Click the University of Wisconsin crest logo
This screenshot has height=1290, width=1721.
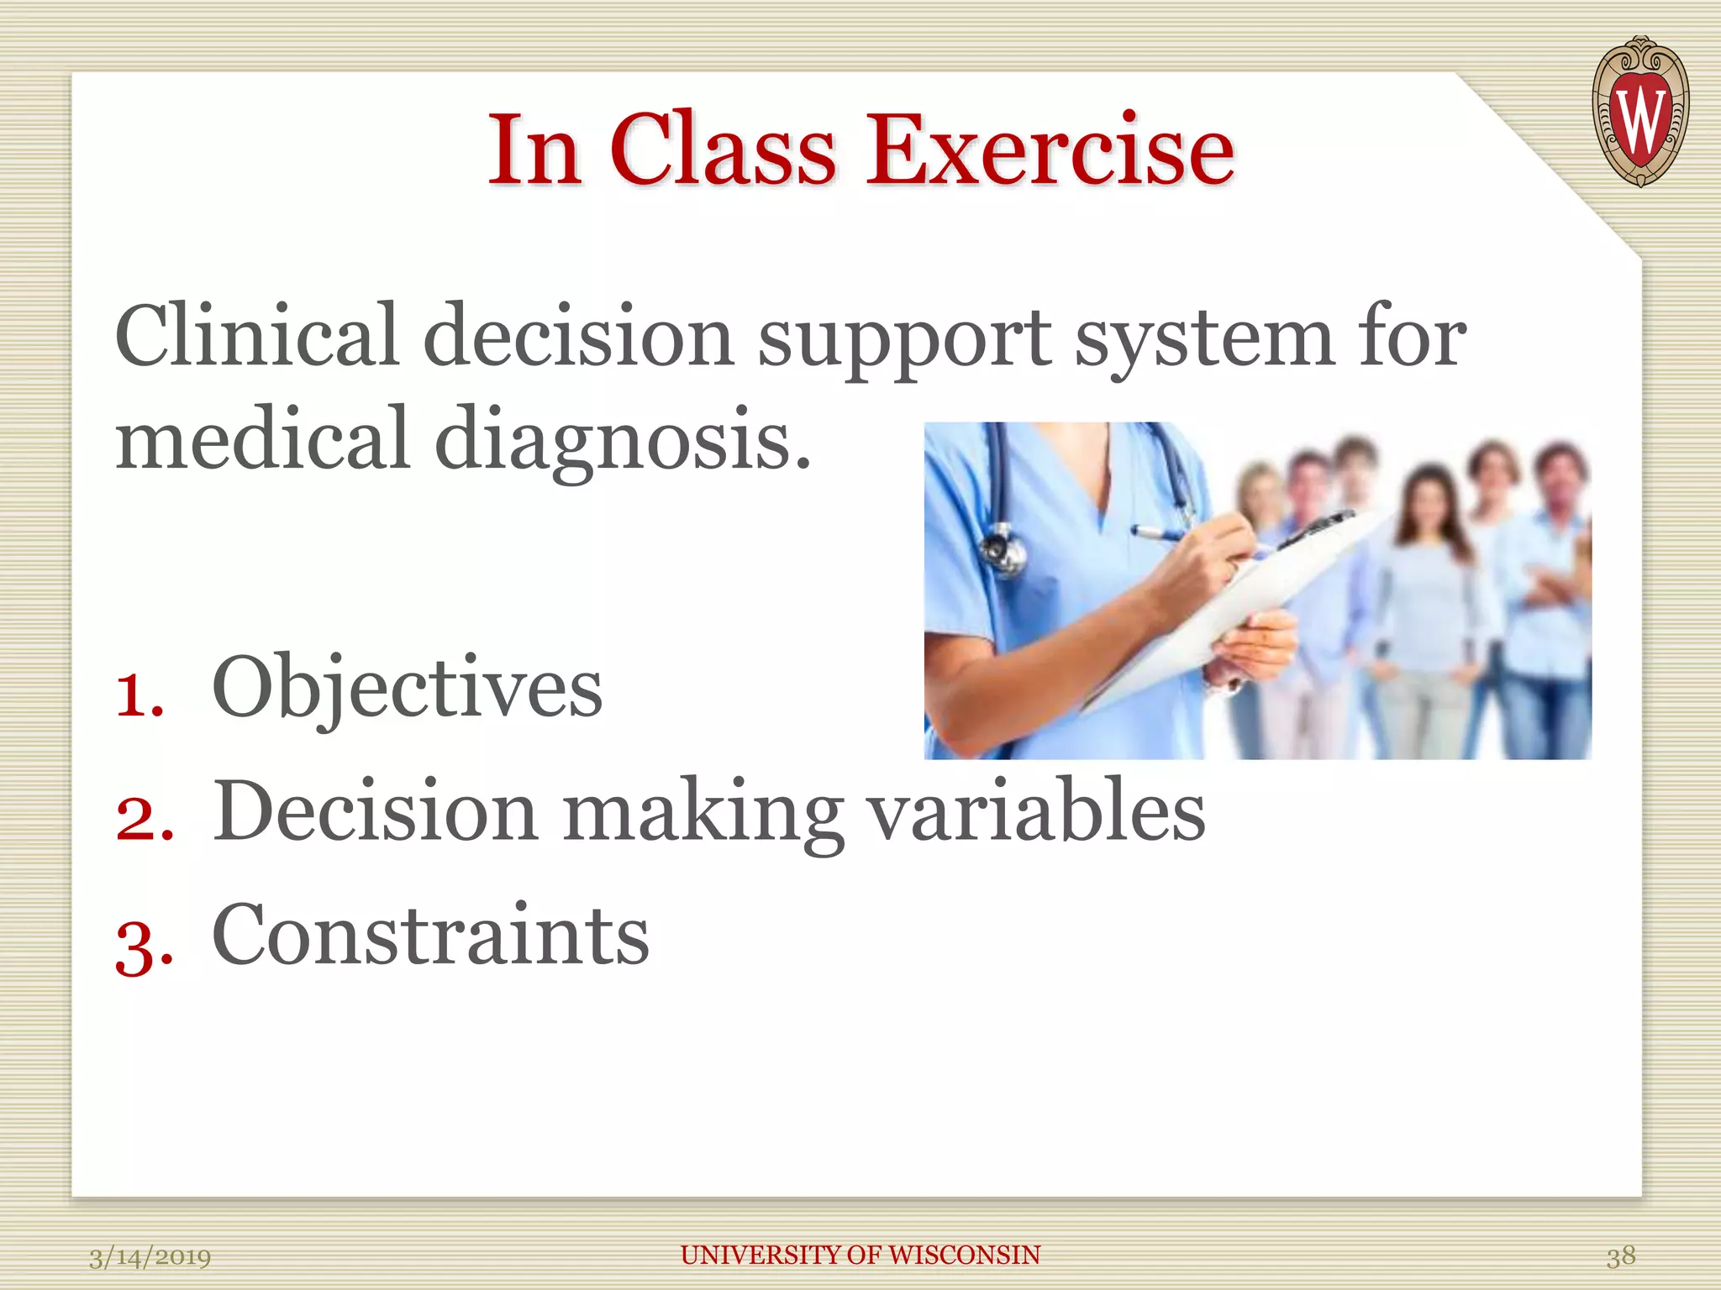(x=1639, y=112)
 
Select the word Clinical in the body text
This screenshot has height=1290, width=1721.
(x=256, y=336)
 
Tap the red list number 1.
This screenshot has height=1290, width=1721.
(x=138, y=695)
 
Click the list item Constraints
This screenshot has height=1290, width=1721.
(x=430, y=935)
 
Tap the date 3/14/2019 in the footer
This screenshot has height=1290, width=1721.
(x=150, y=1257)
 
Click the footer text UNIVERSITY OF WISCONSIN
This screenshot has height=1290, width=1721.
(x=860, y=1255)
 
